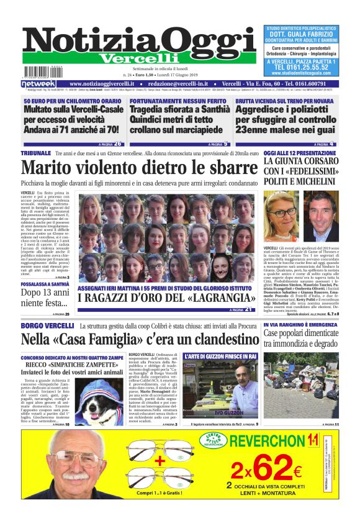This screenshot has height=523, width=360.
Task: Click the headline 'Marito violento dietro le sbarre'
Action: coord(139,168)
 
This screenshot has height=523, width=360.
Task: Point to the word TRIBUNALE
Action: coord(36,153)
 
